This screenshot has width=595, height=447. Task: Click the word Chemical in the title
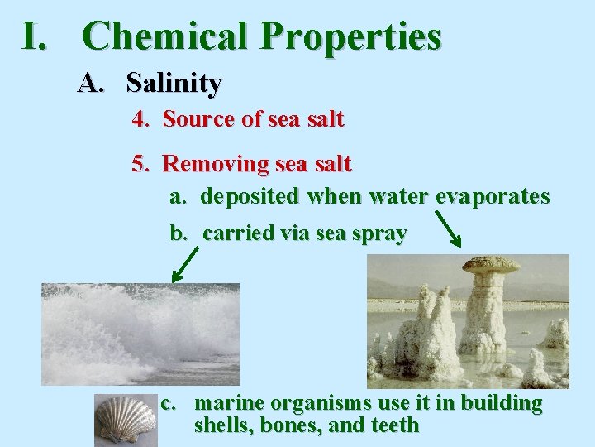[x=165, y=37]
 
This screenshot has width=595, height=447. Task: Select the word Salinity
[x=174, y=83]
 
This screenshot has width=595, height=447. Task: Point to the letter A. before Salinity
[x=93, y=83]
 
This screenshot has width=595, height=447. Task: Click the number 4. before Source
[x=141, y=119]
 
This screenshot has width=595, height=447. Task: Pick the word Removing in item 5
[x=209, y=164]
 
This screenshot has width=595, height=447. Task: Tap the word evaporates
[x=493, y=196]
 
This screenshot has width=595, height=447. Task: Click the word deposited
[x=251, y=196]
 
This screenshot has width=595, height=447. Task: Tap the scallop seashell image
[x=125, y=420]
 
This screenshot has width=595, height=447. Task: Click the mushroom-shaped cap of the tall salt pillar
[x=491, y=266]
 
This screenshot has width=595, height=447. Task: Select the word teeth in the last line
[x=397, y=425]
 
